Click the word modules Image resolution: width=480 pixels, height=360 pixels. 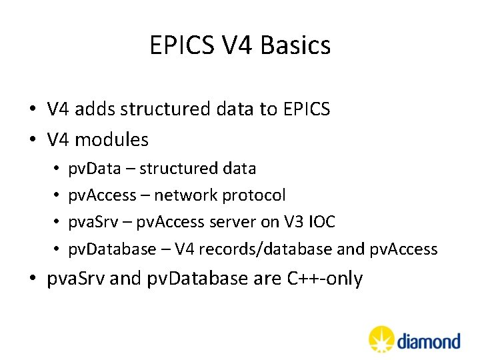(111, 140)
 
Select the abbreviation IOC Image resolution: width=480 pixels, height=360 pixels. (322, 222)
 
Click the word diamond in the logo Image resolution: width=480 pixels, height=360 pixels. (429, 341)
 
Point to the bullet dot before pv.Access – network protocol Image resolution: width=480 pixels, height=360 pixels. (58, 196)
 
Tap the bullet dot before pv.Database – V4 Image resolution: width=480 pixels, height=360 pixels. (58, 250)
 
